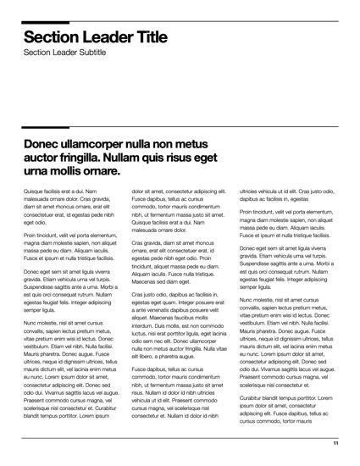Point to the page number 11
335,443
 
